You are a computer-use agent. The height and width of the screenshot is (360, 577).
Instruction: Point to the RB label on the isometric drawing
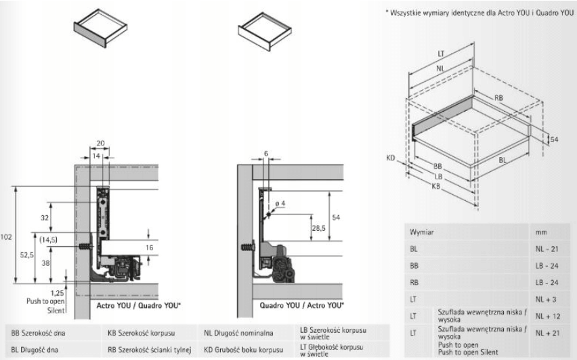(498, 98)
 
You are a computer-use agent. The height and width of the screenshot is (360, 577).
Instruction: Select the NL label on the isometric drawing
(441, 68)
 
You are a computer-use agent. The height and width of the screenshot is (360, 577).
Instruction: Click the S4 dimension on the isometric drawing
(553, 140)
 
